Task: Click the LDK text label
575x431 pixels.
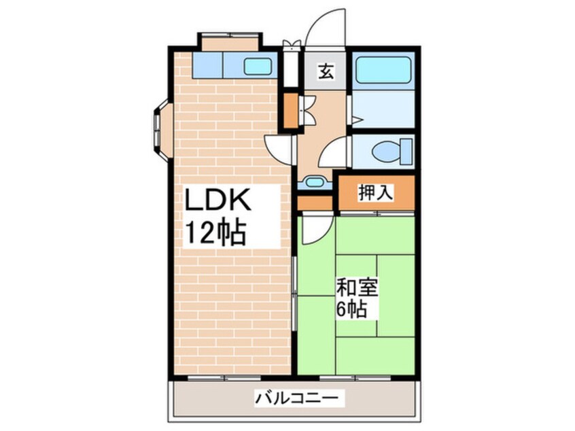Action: coord(220,202)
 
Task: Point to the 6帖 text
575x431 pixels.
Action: coord(352,310)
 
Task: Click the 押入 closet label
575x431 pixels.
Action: coord(375,193)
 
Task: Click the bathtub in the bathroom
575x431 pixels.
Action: coord(383,69)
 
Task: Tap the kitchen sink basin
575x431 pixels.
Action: coord(258,67)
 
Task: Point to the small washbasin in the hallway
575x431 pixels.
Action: coord(314,182)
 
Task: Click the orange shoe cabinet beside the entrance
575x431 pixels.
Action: coord(290,111)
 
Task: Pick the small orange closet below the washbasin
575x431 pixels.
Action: coord(315,202)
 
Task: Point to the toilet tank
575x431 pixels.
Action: coord(406,150)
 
